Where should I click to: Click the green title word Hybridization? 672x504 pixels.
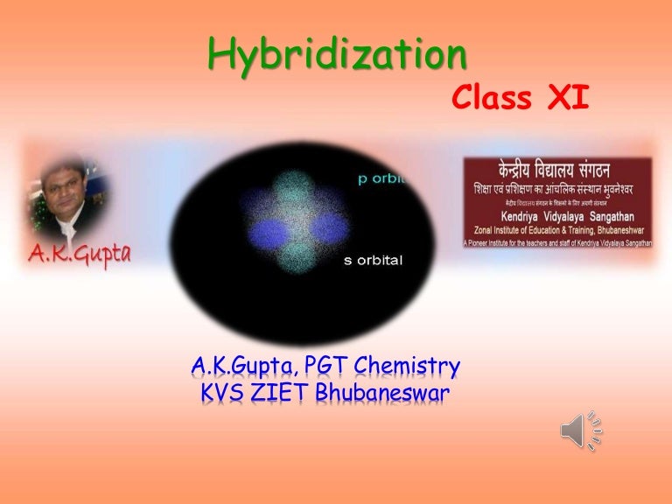pyautogui.click(x=337, y=57)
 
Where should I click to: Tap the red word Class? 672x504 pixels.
pyautogui.click(x=493, y=99)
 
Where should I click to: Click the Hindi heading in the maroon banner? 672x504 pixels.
pyautogui.click(x=558, y=170)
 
